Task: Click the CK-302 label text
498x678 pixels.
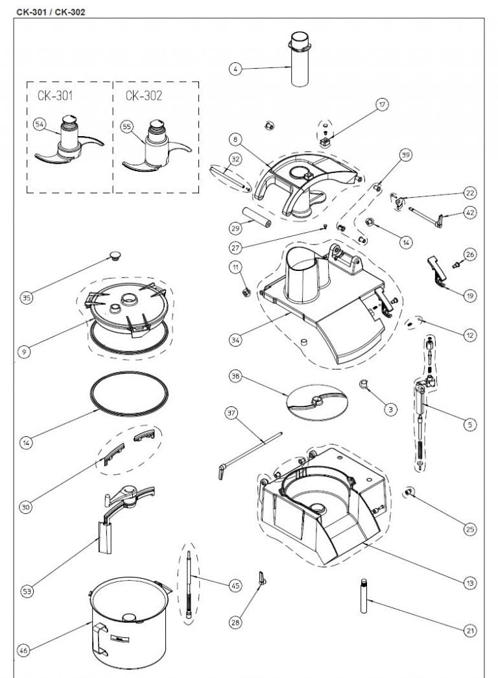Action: [143, 95]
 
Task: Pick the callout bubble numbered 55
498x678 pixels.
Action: [126, 128]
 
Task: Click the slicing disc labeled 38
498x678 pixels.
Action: [313, 402]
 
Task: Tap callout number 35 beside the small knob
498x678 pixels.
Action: [26, 298]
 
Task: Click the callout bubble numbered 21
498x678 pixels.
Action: [470, 629]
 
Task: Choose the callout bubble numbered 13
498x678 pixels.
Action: [470, 583]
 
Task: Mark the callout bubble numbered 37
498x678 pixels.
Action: [231, 413]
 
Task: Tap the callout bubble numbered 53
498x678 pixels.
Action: [26, 590]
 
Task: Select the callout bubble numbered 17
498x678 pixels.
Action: [382, 104]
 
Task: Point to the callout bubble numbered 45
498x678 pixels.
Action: [235, 585]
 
